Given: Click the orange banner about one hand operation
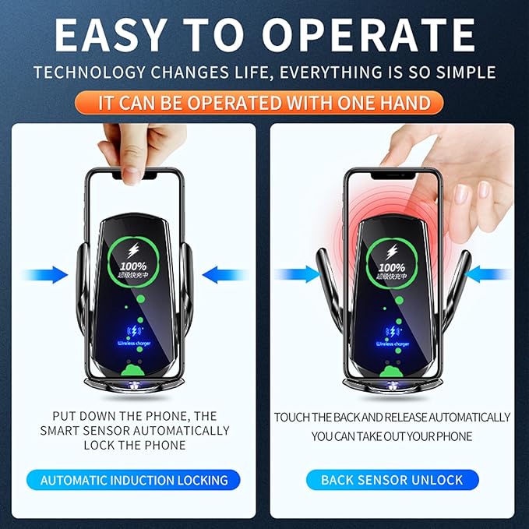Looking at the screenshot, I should click(264, 102).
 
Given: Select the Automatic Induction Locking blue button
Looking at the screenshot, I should click(134, 480).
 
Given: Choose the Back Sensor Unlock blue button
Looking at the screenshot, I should click(392, 480).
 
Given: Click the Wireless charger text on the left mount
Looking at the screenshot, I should click(135, 342).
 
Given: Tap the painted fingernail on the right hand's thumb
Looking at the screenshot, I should click(461, 192).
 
